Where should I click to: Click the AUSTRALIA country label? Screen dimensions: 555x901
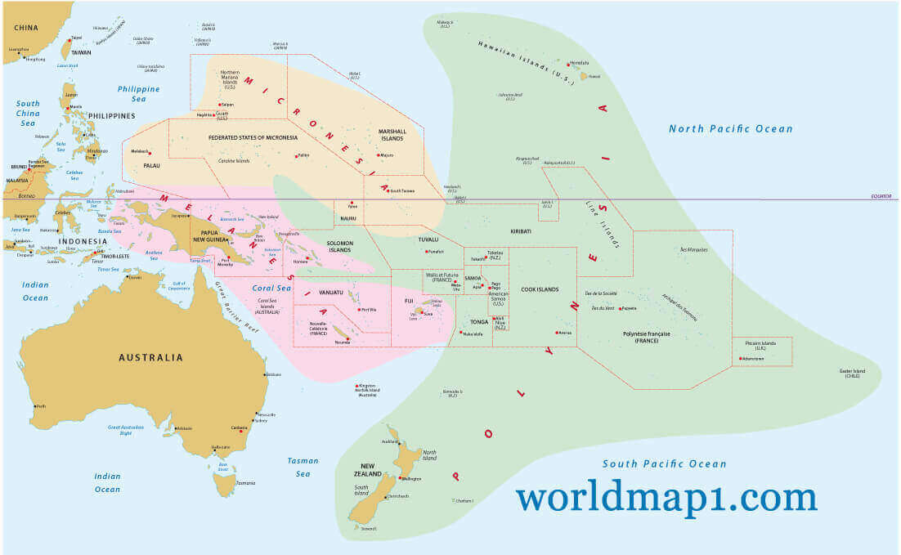pyautogui.click(x=150, y=357)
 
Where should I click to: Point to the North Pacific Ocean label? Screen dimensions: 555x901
pyautogui.click(x=730, y=128)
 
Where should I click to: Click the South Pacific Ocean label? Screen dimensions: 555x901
pyautogui.click(x=664, y=464)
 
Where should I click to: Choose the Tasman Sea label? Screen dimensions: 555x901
pyautogui.click(x=303, y=467)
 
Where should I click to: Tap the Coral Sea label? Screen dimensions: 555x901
pyautogui.click(x=272, y=288)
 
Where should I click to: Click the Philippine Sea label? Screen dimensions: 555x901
pyautogui.click(x=138, y=93)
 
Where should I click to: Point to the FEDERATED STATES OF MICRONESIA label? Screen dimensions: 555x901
pyautogui.click(x=253, y=137)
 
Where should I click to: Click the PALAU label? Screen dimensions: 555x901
pyautogui.click(x=151, y=165)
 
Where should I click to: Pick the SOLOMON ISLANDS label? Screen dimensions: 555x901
pyautogui.click(x=339, y=248)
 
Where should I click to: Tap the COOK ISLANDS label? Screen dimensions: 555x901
pyautogui.click(x=541, y=289)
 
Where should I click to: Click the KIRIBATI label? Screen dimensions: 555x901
pyautogui.click(x=521, y=231)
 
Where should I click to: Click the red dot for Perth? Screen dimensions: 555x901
pyautogui.click(x=34, y=405)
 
